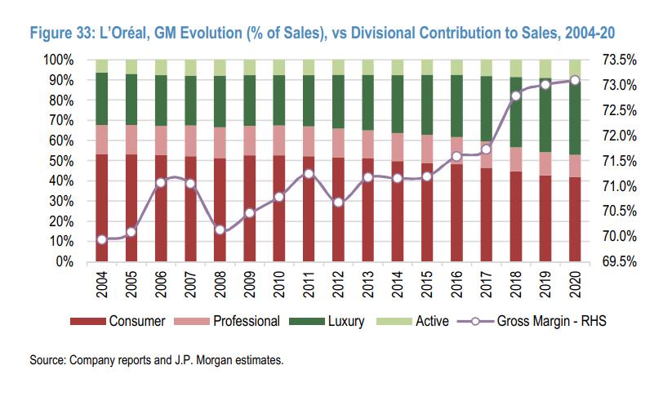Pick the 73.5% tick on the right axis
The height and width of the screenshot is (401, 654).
(x=618, y=60)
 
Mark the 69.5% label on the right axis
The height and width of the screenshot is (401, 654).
(x=618, y=261)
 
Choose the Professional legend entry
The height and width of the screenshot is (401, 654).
(x=246, y=320)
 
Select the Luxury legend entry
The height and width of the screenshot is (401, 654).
(x=343, y=320)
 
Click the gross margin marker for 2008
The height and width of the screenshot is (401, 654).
(x=220, y=229)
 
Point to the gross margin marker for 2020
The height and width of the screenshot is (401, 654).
(x=575, y=80)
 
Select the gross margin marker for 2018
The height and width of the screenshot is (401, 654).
(x=516, y=96)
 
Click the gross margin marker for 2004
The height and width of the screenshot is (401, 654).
(x=102, y=239)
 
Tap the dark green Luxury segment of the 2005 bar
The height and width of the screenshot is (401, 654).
(x=131, y=100)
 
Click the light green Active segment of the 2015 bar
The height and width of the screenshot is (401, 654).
(x=427, y=67)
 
